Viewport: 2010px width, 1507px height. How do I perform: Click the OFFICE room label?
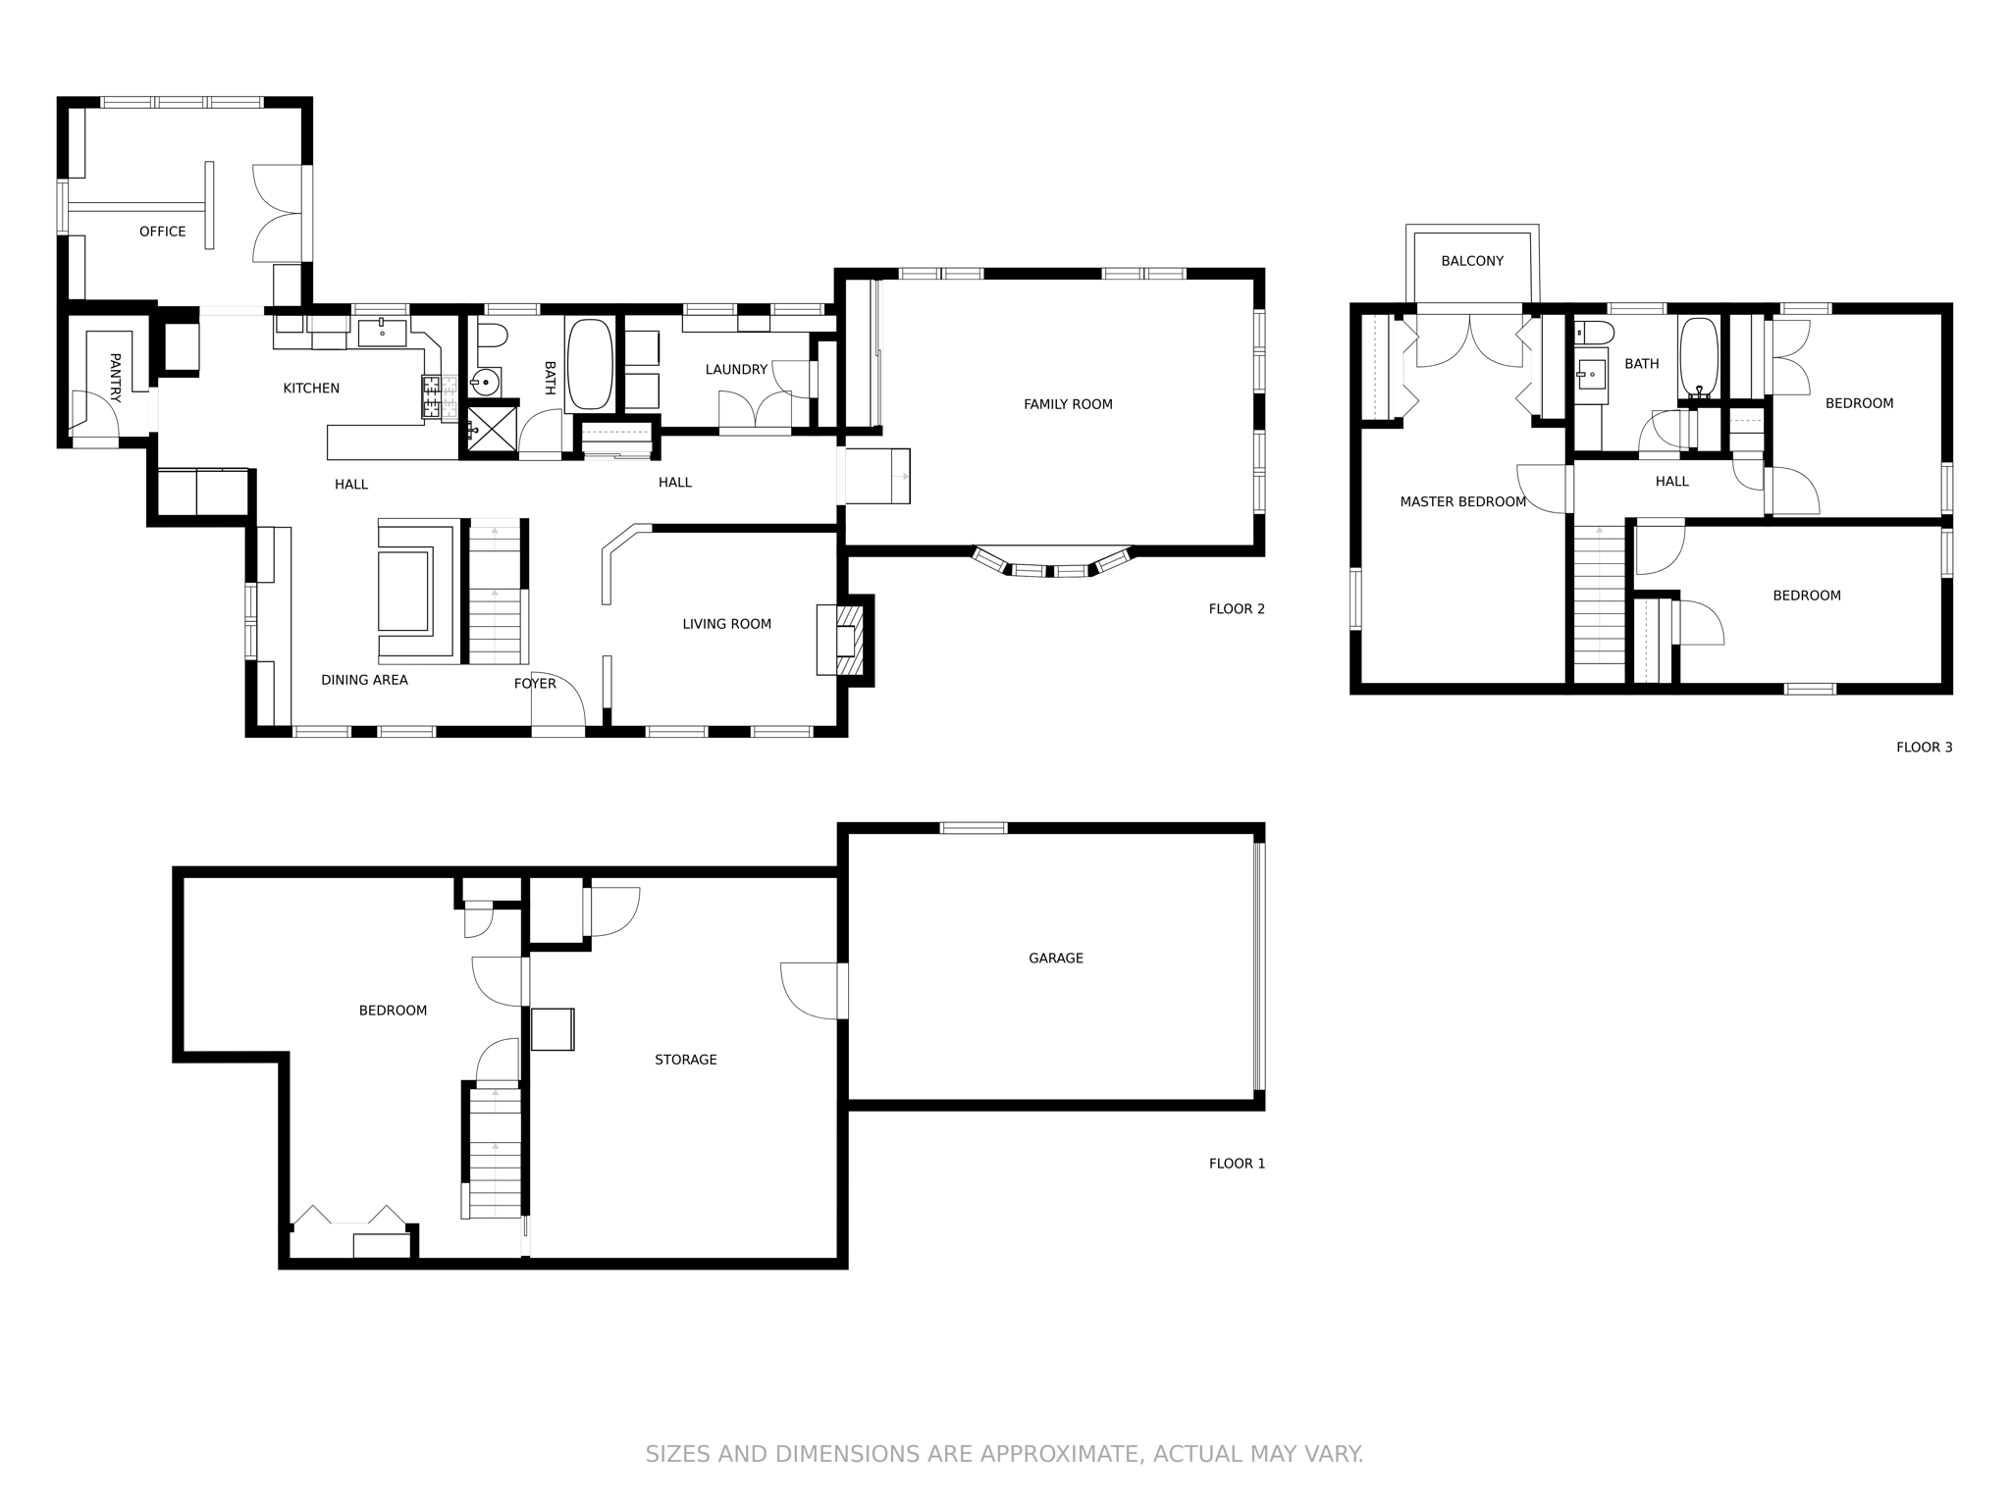coord(162,232)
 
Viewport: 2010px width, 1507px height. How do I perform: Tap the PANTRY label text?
coord(115,378)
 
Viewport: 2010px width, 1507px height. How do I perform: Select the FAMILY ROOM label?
coord(1068,404)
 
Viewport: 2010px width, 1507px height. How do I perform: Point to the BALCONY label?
coord(1472,261)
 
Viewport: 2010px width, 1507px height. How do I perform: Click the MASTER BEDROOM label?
coord(1462,502)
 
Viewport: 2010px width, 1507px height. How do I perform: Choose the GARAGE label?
coord(1056,959)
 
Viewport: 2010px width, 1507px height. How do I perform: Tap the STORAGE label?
coord(686,1060)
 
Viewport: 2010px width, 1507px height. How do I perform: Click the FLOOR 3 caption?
coord(1924,748)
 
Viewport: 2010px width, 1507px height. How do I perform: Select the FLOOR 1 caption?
coord(1237,1164)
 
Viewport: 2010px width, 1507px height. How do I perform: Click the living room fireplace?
coord(844,640)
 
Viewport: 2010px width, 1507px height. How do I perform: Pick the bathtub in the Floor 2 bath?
coord(589,363)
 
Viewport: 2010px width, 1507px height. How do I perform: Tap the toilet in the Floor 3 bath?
coord(1593,333)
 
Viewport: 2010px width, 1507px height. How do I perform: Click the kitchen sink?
coord(382,333)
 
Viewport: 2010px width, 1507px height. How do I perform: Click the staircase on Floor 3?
coord(1600,603)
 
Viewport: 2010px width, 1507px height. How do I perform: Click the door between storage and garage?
coord(842,991)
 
